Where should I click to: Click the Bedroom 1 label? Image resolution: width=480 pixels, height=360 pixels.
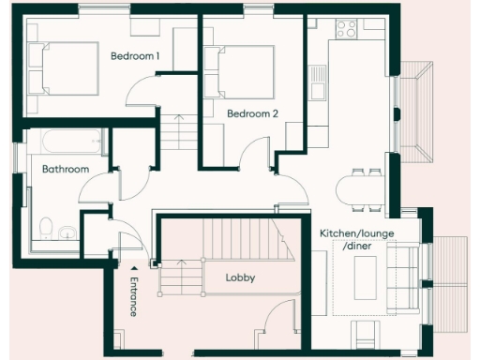135,56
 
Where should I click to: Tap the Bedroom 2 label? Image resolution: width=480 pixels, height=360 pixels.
253,114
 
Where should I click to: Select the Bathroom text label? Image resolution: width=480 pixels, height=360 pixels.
66,170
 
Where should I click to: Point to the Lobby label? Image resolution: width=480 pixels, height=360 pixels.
241,278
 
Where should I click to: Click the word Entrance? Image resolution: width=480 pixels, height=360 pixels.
133,296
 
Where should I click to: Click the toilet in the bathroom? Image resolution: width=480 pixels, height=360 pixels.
45,228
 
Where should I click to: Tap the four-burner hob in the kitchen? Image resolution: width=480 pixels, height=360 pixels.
346,28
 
